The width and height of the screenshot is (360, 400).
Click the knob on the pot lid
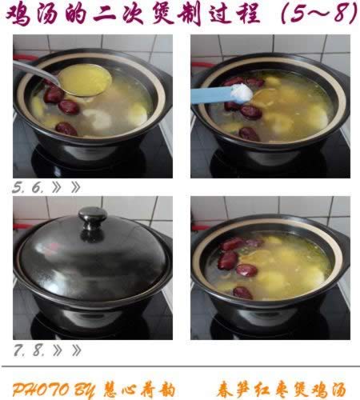[x=93, y=216]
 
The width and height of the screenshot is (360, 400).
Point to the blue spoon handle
[x=210, y=95]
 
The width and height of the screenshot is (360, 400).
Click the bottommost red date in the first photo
[x=66, y=127]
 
